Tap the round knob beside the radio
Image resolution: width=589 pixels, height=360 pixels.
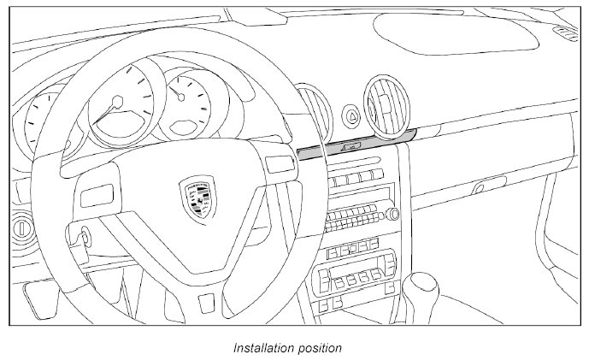coord(394,214)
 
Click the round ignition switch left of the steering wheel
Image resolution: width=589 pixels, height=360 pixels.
coord(18,229)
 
